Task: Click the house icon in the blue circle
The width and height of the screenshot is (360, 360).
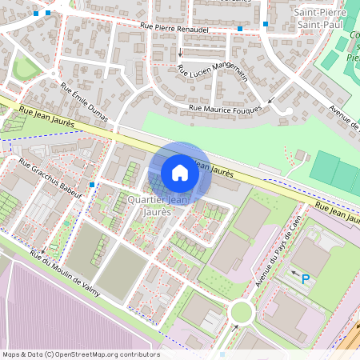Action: click(x=180, y=173)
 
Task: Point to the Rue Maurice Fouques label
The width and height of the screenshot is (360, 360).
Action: click(x=226, y=107)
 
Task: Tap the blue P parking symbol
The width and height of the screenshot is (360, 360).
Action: click(x=305, y=279)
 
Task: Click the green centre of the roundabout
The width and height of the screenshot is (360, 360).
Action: click(x=242, y=311)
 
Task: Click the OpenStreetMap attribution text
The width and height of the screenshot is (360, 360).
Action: click(x=81, y=354)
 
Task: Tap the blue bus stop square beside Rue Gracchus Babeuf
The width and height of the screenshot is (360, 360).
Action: click(x=93, y=185)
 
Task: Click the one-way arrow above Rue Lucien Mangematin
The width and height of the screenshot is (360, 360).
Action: click(x=181, y=54)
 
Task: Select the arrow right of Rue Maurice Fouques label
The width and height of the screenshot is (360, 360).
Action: click(x=273, y=101)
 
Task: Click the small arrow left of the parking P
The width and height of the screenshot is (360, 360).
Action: click(x=293, y=274)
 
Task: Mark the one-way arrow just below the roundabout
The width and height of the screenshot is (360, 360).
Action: click(x=234, y=327)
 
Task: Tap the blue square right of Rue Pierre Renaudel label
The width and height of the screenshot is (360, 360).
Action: click(x=240, y=29)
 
